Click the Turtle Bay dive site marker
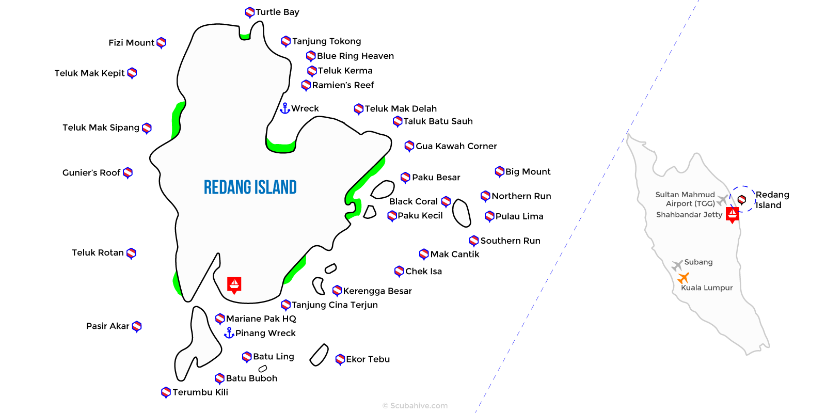250,12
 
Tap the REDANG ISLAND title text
250,187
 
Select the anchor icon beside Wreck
284,108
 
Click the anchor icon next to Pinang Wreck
229,333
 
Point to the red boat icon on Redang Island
234,284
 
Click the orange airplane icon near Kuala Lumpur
684,278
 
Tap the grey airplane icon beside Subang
677,265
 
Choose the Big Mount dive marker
499,171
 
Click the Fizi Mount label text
131,42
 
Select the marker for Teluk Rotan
132,253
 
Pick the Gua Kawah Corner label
456,146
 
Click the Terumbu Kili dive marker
166,392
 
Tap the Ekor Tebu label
368,359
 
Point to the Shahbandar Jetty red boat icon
732,214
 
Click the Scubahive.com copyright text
415,406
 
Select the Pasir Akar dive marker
137,326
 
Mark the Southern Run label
510,241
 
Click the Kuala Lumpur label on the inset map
707,288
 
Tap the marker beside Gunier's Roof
128,172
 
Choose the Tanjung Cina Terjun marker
285,305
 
